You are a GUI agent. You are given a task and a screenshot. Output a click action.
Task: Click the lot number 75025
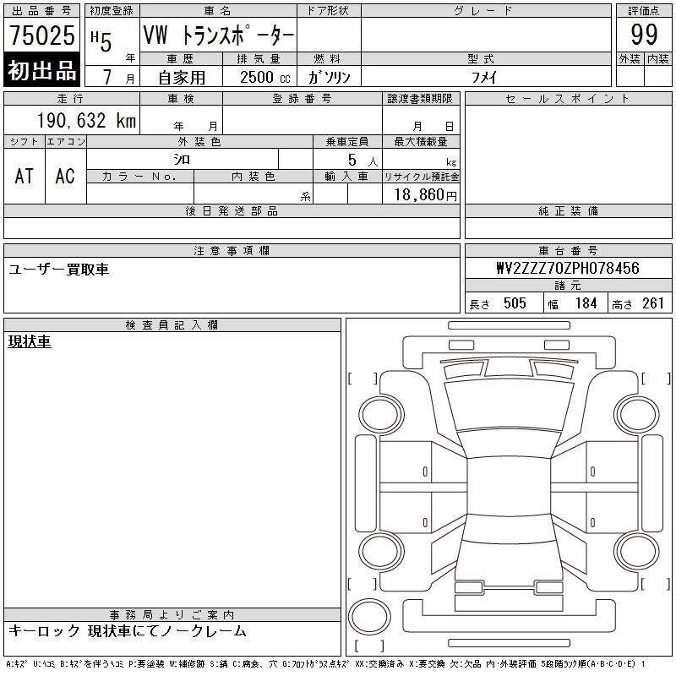coord(41,35)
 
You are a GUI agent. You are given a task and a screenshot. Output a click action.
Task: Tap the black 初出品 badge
coord(41,70)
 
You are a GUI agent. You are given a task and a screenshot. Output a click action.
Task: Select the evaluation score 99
coord(644,35)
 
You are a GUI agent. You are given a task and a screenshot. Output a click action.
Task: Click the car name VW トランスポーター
coord(219,35)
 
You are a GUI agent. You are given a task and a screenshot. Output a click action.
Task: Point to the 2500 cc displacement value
coord(265,78)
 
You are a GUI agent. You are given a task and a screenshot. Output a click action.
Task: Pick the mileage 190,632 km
coord(86,120)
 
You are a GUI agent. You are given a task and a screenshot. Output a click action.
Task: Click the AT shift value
coord(25,176)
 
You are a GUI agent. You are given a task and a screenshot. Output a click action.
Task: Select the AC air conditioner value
coord(65,176)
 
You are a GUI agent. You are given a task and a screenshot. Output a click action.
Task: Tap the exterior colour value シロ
coord(182,160)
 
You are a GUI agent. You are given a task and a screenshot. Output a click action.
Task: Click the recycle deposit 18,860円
coord(426,195)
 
